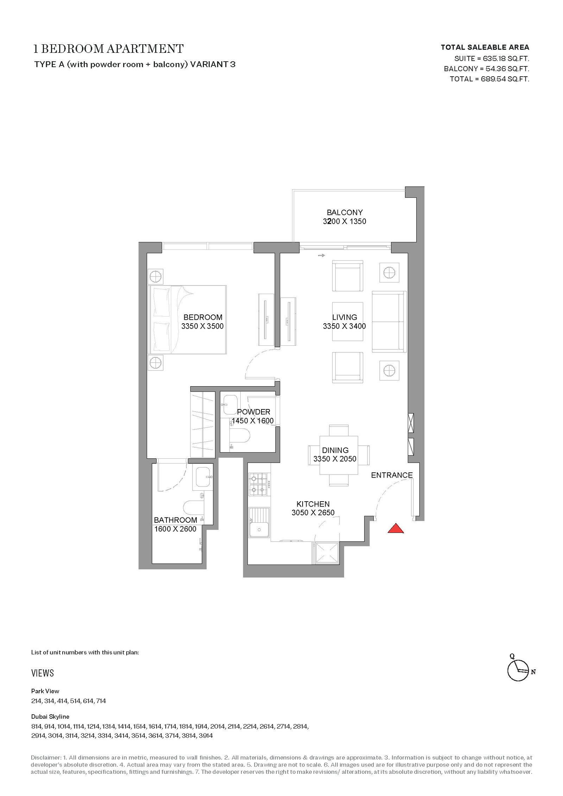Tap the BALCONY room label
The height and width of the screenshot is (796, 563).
pyautogui.click(x=344, y=212)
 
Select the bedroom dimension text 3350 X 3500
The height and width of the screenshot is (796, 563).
pyautogui.click(x=202, y=326)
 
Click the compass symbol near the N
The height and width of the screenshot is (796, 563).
pyautogui.click(x=518, y=671)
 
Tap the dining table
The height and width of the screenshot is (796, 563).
pyautogui.click(x=339, y=455)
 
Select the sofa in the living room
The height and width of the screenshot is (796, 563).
pyautogui.click(x=389, y=321)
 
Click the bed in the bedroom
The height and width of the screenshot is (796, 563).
pyautogui.click(x=188, y=319)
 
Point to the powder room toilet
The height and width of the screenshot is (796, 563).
pyautogui.click(x=240, y=437)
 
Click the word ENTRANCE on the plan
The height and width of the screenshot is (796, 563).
pyautogui.click(x=392, y=475)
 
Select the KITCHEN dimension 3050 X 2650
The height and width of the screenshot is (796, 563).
pyautogui.click(x=313, y=513)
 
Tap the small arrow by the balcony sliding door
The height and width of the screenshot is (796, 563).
pyautogui.click(x=321, y=255)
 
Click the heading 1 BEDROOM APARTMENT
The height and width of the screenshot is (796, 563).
pyautogui.click(x=108, y=49)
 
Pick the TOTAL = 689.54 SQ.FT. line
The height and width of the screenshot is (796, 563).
pyautogui.click(x=489, y=79)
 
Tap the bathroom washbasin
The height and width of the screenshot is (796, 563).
pyautogui.click(x=203, y=477)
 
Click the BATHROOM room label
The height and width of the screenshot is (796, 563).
pyautogui.click(x=175, y=520)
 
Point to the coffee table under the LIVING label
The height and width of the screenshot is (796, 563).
pyautogui.click(x=348, y=321)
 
